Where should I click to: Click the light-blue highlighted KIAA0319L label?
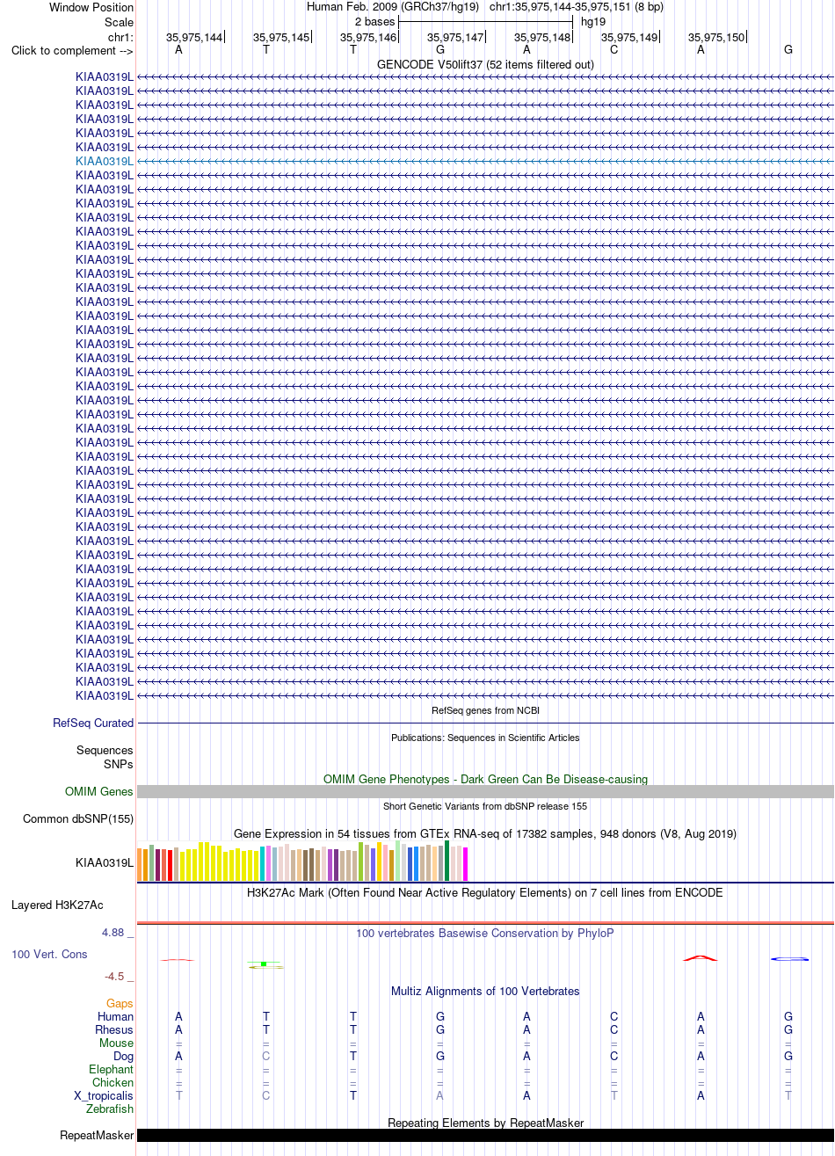[105, 161]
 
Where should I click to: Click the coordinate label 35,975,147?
[455, 37]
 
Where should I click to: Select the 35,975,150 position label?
[716, 37]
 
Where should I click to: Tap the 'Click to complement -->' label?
[72, 51]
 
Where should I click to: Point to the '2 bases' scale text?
[374, 22]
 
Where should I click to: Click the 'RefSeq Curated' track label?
[93, 723]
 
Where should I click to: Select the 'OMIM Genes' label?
[99, 792]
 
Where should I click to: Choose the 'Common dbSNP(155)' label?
[78, 819]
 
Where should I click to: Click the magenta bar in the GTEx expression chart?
[465, 864]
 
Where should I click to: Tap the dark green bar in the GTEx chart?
[447, 861]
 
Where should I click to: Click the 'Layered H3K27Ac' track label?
[57, 905]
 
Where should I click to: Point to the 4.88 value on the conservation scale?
[113, 933]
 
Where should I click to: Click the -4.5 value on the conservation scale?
[114, 977]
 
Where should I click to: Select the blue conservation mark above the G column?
[789, 959]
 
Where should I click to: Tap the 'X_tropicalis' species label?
[103, 1095]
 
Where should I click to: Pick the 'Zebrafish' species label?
[109, 1109]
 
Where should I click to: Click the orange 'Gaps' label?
[120, 1003]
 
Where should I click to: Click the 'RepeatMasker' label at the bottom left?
[97, 1136]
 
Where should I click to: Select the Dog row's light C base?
[265, 1056]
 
